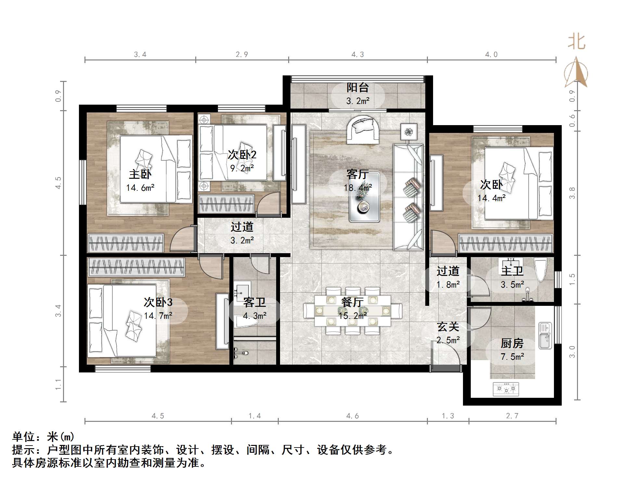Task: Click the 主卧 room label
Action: [140, 175]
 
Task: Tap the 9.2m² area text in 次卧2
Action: [242, 168]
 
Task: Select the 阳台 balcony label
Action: [358, 87]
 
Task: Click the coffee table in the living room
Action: [364, 197]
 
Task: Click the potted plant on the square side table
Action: [409, 132]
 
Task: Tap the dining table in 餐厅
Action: [353, 310]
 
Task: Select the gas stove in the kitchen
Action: [506, 389]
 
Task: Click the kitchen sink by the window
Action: [545, 335]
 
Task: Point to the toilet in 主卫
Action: [541, 268]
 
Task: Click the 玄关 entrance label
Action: [448, 327]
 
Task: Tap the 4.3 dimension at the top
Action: [358, 55]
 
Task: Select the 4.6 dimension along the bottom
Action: [353, 416]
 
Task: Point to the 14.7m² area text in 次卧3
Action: [158, 316]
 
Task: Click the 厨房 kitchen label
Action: [512, 343]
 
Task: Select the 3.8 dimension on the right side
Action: [572, 193]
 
